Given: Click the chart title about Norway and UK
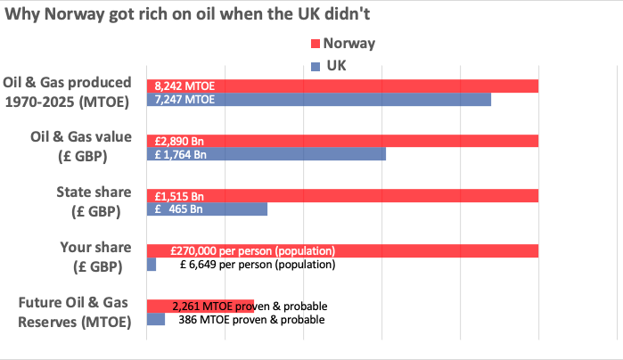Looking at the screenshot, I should [x=189, y=16].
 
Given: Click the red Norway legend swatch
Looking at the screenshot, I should [x=315, y=44].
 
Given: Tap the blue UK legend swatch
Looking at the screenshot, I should [x=315, y=66].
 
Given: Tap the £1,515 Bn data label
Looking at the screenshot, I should [x=179, y=196].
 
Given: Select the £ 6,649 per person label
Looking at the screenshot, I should [x=258, y=265].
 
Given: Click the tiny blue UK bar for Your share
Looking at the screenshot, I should [x=152, y=265].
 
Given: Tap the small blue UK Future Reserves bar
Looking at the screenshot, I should [x=156, y=319].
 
